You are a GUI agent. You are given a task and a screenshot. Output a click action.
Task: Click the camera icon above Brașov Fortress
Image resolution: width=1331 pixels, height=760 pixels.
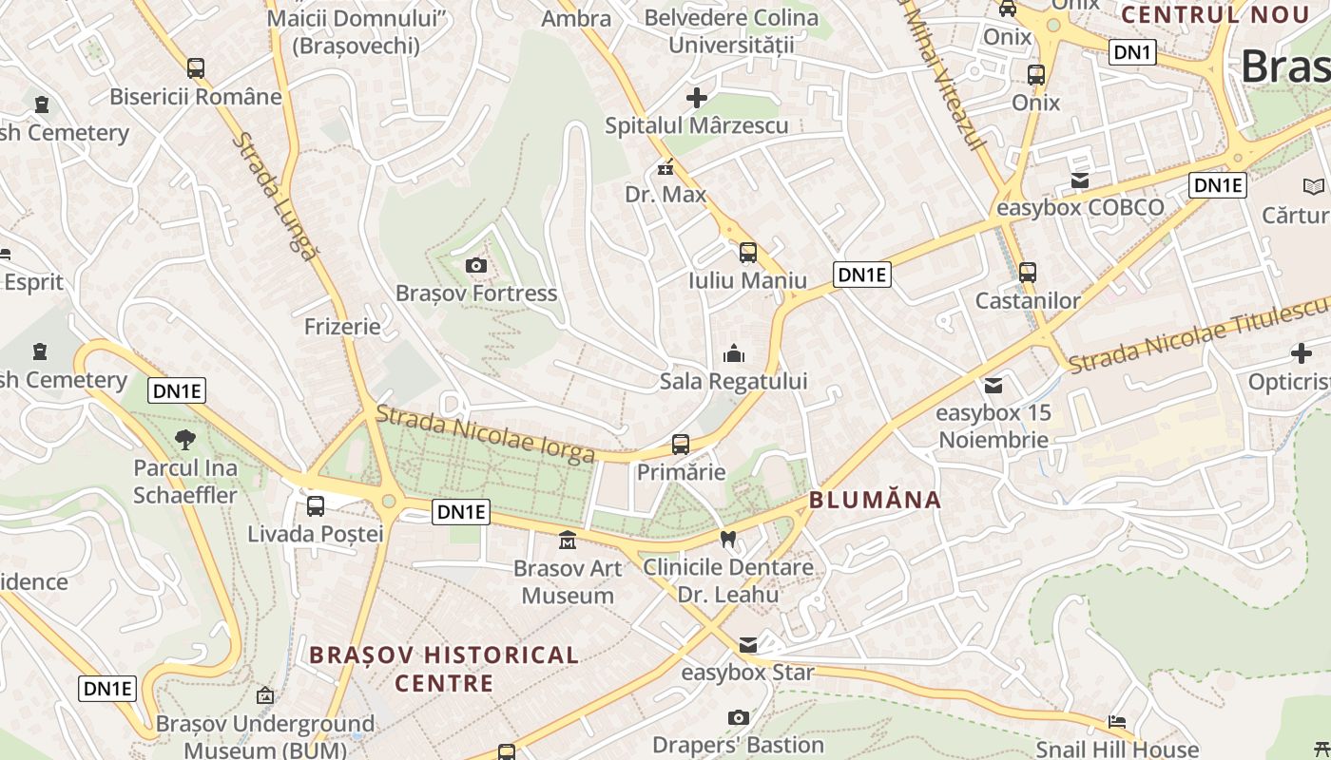(476, 265)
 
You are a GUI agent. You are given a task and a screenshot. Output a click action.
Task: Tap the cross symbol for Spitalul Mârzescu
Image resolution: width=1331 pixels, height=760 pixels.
(697, 97)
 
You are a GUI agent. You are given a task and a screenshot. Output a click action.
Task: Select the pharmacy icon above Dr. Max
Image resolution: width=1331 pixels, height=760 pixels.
(665, 167)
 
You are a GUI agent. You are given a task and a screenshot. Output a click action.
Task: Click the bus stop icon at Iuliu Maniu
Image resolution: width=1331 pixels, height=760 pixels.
(748, 252)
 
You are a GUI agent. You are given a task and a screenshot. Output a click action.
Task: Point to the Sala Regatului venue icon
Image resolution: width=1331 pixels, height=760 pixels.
(734, 354)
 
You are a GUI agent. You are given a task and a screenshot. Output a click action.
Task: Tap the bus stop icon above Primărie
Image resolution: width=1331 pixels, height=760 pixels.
(681, 444)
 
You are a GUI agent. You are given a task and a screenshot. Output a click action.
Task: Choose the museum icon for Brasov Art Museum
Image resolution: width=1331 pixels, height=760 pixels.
(568, 541)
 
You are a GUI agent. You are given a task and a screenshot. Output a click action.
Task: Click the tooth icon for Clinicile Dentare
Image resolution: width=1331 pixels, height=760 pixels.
(729, 539)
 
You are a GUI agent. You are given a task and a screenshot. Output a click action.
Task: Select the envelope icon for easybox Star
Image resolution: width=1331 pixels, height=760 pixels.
(748, 645)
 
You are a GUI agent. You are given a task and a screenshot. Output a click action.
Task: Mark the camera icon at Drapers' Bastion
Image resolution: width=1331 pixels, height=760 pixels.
(738, 717)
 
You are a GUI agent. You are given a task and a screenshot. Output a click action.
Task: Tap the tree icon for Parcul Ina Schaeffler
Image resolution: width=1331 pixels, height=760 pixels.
(185, 439)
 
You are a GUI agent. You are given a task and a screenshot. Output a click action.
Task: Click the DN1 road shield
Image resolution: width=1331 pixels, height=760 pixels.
(1132, 52)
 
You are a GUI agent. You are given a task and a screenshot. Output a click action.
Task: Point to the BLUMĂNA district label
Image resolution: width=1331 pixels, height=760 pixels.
(875, 500)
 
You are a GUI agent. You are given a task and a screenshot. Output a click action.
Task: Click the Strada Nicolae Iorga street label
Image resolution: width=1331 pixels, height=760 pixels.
(486, 434)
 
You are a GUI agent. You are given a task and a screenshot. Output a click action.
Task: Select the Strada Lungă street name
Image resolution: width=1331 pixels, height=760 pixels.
(275, 196)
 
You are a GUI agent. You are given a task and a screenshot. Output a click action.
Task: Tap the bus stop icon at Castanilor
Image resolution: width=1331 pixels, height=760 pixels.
(1028, 273)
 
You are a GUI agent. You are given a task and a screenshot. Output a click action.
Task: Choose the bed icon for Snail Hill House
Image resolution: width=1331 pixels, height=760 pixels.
(1117, 722)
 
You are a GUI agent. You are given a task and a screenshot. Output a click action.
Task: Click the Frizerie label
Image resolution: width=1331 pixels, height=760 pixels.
(342, 327)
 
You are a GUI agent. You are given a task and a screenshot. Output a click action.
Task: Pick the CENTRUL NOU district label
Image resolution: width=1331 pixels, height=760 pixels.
(1215, 14)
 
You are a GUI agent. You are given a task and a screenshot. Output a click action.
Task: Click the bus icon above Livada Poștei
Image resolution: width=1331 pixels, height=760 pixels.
(316, 506)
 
